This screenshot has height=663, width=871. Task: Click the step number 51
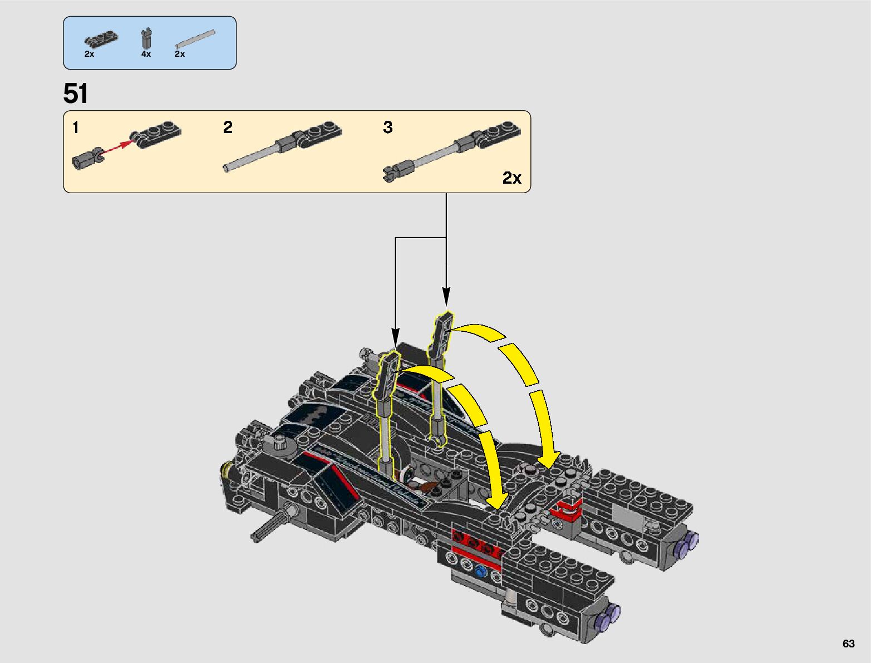tap(75, 94)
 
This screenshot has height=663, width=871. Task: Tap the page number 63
tap(848, 644)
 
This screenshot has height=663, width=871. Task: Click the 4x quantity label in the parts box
tap(146, 54)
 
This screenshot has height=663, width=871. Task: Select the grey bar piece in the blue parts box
tap(195, 39)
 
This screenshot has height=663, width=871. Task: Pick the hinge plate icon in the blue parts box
tap(101, 40)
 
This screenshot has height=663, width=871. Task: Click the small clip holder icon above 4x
tap(146, 38)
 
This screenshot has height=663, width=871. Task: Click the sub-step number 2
tap(228, 127)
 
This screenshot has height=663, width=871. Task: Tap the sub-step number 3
tap(388, 127)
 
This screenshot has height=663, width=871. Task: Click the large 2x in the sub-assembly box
tap(511, 178)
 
